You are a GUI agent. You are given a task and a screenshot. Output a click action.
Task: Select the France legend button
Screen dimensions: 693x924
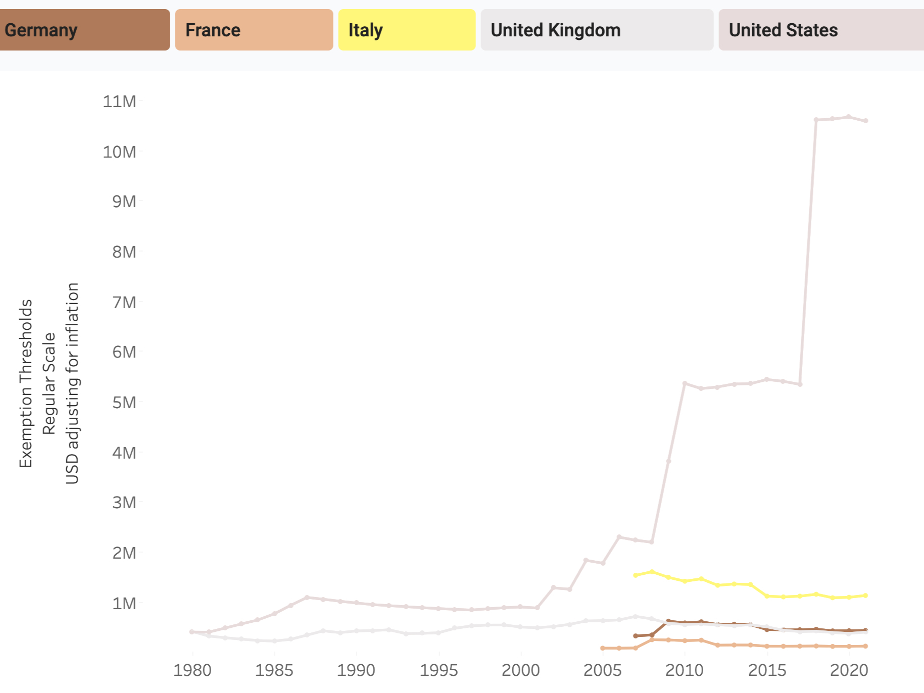[254, 30]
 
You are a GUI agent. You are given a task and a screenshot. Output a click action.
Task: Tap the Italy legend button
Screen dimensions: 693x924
[407, 30]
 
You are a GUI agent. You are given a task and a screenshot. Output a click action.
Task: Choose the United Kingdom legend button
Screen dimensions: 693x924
[597, 30]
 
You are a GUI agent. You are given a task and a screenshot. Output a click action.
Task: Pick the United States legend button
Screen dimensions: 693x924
[821, 30]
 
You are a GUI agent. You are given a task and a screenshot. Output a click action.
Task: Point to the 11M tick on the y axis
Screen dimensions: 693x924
[120, 102]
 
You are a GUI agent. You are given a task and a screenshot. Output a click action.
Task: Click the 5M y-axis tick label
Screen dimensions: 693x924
[124, 403]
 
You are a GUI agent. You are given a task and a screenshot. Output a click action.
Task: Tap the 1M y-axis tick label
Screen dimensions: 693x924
[124, 603]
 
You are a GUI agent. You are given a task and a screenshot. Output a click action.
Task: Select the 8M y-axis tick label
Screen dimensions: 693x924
[124, 252]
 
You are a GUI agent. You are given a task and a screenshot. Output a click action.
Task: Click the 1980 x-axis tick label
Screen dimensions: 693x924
[192, 670]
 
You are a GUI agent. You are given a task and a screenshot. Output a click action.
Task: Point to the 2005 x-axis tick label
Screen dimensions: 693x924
[603, 670]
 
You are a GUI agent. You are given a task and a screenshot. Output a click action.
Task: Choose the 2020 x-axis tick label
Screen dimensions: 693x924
[849, 670]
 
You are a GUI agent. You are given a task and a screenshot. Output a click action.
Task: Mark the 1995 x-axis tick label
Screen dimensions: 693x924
[439, 670]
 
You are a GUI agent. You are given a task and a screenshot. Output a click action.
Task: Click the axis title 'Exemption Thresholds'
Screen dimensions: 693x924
[26, 383]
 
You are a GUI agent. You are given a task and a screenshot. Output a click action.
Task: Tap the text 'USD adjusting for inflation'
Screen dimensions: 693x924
[72, 383]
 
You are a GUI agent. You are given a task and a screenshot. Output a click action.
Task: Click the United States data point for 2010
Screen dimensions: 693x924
[685, 383]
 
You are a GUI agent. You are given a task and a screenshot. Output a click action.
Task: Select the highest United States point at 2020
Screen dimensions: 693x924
[849, 117]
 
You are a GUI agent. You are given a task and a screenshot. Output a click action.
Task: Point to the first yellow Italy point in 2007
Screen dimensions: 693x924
[636, 575]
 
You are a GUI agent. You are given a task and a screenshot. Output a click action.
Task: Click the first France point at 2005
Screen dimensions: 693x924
[603, 648]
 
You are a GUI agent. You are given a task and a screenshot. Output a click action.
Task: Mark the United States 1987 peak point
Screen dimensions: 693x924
[307, 598]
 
